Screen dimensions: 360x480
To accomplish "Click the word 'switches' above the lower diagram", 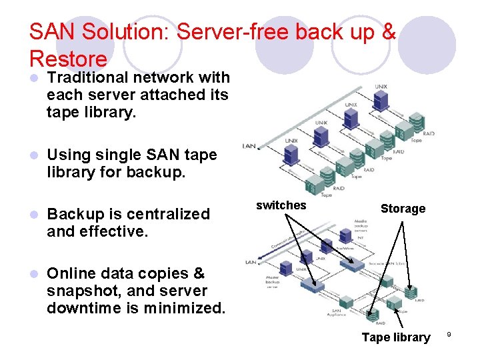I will tap(281, 205).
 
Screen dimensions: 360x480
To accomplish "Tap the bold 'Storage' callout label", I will tap(403, 209).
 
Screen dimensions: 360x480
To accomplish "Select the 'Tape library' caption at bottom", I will tap(395, 337).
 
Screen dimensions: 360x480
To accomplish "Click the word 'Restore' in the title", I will tap(68, 59).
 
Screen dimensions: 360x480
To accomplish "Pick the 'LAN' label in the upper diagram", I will tap(249, 145).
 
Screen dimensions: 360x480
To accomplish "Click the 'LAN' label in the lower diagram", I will tap(251, 262).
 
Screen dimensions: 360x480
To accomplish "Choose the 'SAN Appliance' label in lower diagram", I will tap(339, 314).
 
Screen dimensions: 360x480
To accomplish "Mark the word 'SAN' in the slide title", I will tap(54, 32).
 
